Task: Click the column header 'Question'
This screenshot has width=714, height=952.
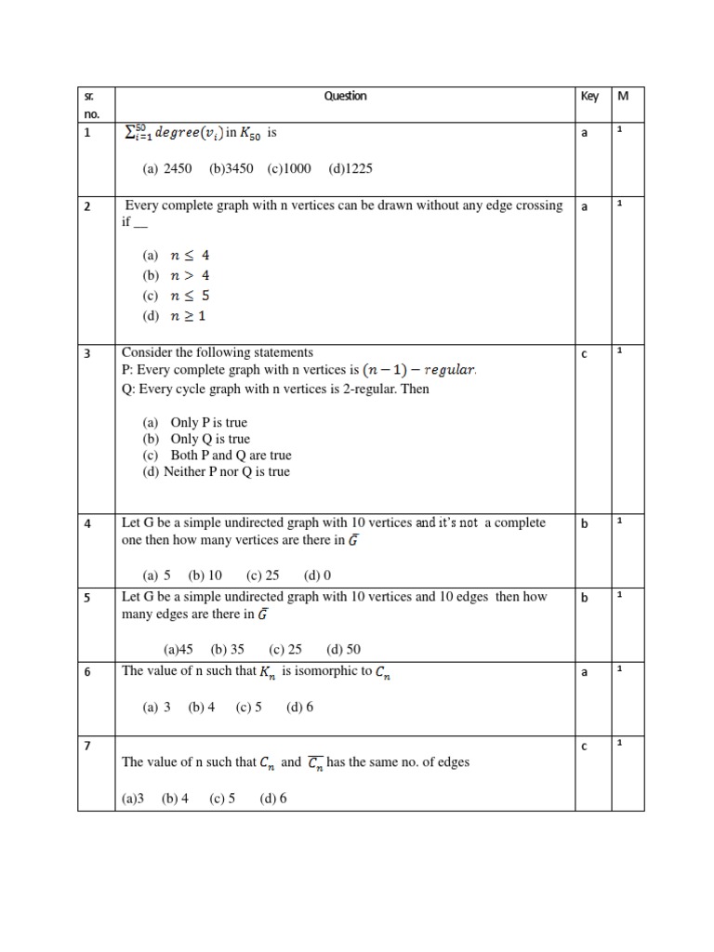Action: [x=345, y=96]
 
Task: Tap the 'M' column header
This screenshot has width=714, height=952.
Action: [x=624, y=96]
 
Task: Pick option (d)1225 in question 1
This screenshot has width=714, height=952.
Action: [x=350, y=169]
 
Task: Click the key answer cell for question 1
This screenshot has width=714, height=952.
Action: [x=585, y=134]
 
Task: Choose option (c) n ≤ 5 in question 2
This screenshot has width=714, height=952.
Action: [x=177, y=296]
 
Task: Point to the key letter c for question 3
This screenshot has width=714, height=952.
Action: [x=585, y=353]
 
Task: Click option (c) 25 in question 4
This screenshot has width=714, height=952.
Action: [x=262, y=575]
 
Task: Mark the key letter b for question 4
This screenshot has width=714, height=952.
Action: [x=585, y=523]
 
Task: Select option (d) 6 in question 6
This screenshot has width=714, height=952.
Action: [x=299, y=707]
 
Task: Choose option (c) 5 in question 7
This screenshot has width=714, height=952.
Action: [x=222, y=798]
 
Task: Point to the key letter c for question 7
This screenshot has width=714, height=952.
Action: [x=585, y=746]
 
